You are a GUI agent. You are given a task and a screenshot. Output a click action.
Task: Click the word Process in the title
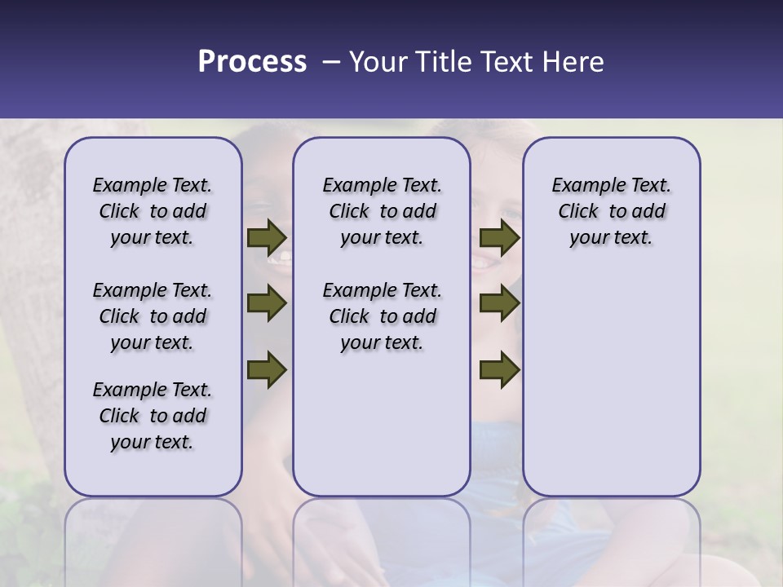coord(252,62)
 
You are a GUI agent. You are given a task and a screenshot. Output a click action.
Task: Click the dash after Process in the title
coord(330,63)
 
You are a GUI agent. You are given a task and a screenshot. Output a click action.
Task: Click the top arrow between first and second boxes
coord(267,238)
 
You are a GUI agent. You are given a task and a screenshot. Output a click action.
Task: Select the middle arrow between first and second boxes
coord(267,304)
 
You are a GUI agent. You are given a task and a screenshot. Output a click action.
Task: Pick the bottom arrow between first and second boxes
coord(267,369)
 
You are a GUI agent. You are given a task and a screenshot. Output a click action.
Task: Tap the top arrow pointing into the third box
coord(500,238)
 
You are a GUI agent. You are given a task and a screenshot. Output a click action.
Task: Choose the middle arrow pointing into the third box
coord(500,304)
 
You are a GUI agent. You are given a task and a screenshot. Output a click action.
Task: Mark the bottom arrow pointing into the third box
coord(500,369)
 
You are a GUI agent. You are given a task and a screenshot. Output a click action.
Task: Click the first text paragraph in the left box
coord(153,211)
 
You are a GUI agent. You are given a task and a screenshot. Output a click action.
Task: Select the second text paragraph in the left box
coord(153,316)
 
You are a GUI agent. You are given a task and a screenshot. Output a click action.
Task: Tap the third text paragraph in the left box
coord(153,416)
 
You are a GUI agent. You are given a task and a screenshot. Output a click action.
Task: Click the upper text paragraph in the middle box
coord(382,211)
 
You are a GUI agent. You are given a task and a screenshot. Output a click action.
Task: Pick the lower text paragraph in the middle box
coord(382,316)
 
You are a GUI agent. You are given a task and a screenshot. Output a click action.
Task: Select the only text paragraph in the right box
coord(611,211)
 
